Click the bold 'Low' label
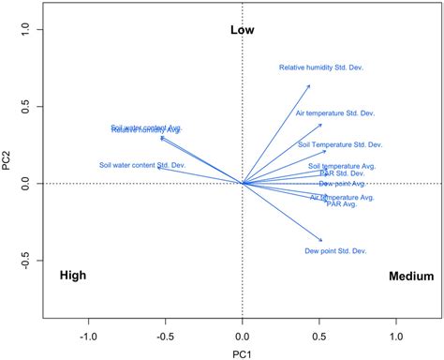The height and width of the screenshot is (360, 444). pyautogui.click(x=243, y=30)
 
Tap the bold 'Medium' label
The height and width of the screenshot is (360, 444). pyautogui.click(x=411, y=277)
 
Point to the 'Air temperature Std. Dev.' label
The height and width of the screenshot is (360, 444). pyautogui.click(x=334, y=113)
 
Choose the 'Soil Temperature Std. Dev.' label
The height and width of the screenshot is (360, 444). pyautogui.click(x=340, y=144)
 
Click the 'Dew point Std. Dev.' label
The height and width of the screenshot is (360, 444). pyautogui.click(x=335, y=251)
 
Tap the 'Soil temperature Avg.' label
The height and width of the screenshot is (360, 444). pyautogui.click(x=342, y=166)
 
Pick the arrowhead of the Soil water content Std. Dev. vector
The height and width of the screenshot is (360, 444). pyautogui.click(x=158, y=169)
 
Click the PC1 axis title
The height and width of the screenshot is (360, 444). pyautogui.click(x=242, y=353)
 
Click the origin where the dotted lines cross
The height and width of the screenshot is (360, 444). pyautogui.click(x=243, y=184)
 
